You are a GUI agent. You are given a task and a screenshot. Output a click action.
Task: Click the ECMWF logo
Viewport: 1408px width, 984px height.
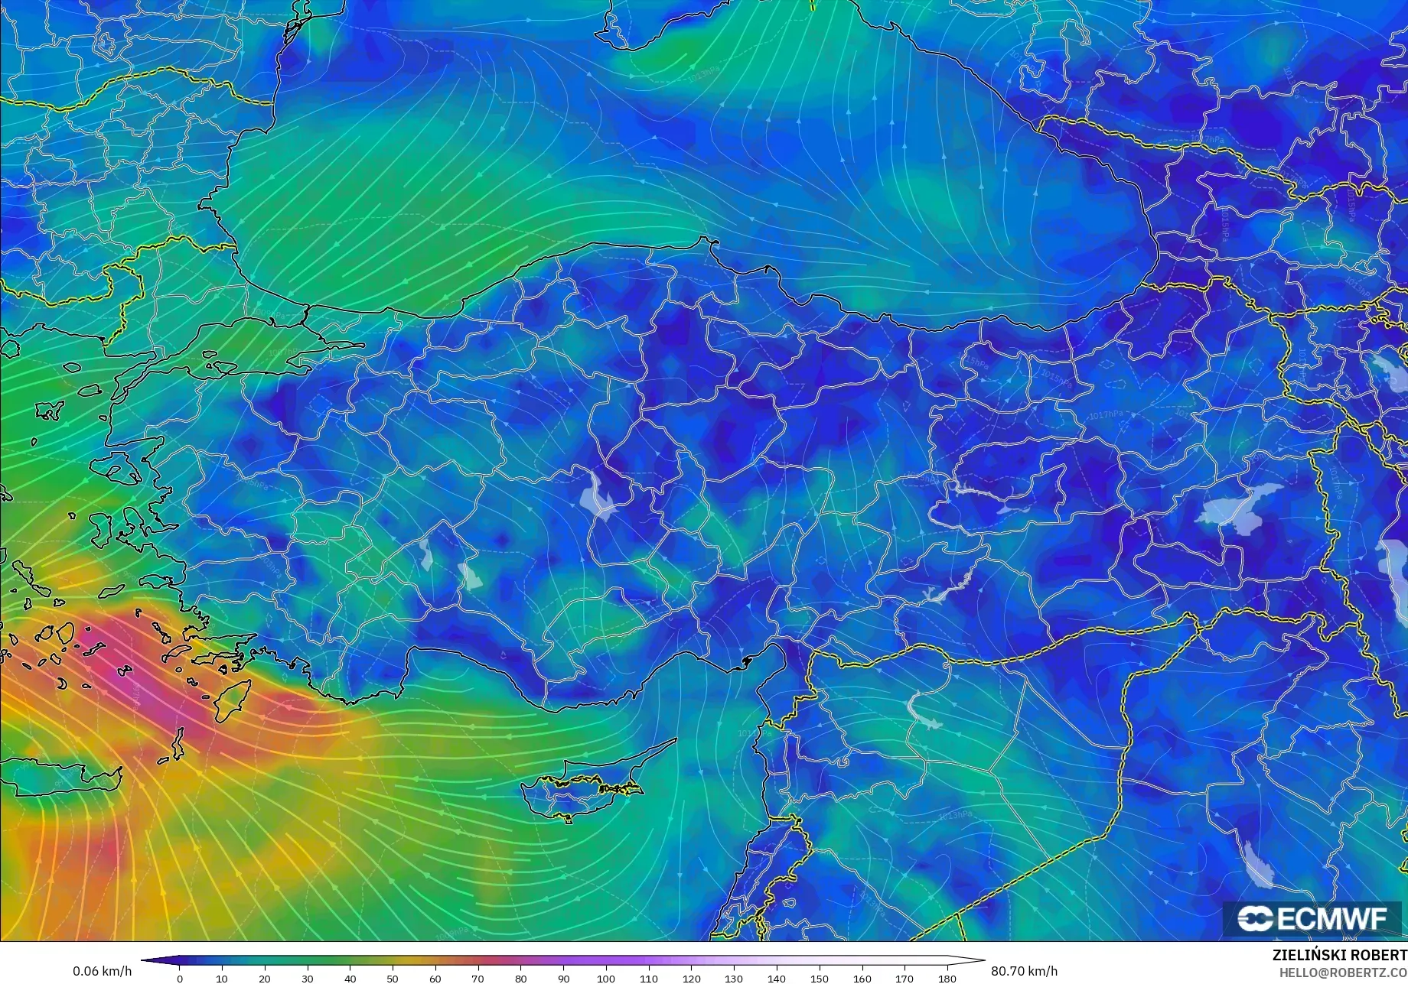point(1312,918)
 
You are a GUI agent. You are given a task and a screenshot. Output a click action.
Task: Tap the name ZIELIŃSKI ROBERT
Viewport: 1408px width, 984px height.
point(1339,955)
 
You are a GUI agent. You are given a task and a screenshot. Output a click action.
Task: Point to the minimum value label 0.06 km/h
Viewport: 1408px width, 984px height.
point(102,971)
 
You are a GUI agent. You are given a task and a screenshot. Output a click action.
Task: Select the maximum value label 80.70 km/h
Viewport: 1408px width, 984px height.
point(1025,971)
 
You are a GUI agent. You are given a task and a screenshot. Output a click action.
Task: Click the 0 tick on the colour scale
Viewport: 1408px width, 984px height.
point(180,978)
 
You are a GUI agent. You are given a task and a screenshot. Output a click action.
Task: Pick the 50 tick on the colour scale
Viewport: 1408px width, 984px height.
point(393,978)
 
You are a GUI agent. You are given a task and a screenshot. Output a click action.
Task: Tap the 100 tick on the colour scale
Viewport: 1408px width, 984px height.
point(606,978)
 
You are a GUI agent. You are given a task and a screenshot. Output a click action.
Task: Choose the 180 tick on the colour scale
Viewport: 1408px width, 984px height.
point(947,978)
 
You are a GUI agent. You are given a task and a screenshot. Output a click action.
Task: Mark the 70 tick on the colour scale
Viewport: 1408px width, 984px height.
point(478,978)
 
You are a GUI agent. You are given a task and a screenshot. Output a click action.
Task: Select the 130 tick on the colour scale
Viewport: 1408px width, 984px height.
point(734,978)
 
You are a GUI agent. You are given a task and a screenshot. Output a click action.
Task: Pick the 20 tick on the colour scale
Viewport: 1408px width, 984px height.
point(265,978)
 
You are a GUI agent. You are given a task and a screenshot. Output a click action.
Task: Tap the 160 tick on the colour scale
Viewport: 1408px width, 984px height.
point(862,978)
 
